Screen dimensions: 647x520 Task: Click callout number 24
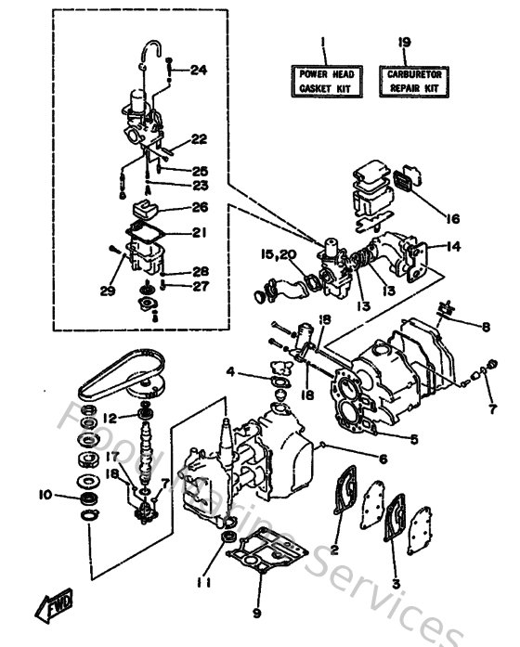(x=198, y=71)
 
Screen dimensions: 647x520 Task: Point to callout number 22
(x=198, y=139)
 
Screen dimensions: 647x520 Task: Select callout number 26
(x=200, y=207)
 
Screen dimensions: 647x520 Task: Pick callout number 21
(x=199, y=232)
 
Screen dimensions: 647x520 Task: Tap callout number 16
(x=452, y=220)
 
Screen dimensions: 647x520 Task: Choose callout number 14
(x=453, y=247)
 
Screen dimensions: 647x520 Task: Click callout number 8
(x=486, y=326)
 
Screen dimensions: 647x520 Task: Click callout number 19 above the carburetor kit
(x=405, y=41)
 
